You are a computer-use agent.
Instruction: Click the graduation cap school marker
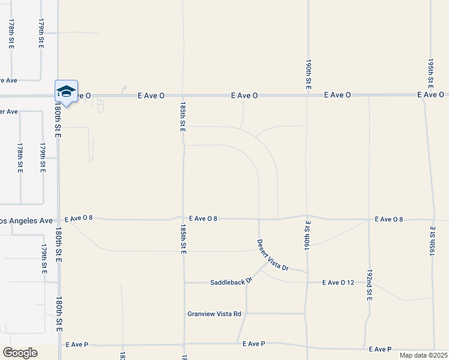click(x=66, y=91)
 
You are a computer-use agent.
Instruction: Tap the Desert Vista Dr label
click(x=273, y=255)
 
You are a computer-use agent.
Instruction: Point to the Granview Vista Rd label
click(x=214, y=314)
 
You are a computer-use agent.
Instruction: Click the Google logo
click(x=20, y=353)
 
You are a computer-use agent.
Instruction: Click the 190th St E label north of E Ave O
click(x=307, y=74)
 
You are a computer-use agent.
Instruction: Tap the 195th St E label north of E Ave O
click(x=431, y=73)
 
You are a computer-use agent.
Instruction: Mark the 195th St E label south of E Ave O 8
click(x=432, y=241)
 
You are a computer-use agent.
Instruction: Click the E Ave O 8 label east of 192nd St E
click(x=388, y=219)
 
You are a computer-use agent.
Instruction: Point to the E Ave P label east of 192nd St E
click(x=381, y=349)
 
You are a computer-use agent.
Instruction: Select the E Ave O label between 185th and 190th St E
click(x=245, y=95)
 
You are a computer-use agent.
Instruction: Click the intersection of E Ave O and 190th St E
click(x=307, y=95)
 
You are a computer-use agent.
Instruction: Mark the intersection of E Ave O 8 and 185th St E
click(x=184, y=218)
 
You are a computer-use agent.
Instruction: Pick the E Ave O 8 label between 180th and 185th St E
click(x=79, y=218)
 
